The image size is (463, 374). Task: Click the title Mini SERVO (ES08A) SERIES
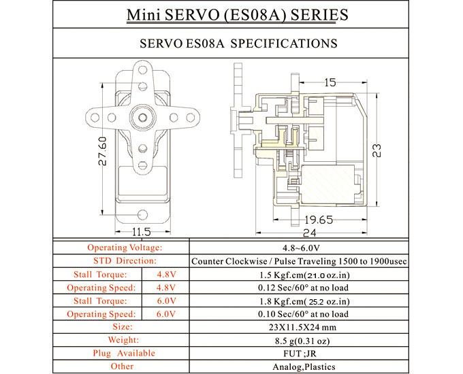pos(231,15)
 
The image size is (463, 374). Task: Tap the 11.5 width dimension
pos(141,231)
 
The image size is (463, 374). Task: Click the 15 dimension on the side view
pos(330,82)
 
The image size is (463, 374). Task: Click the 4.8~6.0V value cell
pos(318,248)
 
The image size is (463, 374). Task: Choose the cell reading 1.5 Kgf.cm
pos(318,274)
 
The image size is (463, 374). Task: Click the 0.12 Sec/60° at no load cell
pos(318,288)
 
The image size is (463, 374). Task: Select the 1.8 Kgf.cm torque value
pos(318,301)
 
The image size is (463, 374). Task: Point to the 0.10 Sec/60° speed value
pos(318,313)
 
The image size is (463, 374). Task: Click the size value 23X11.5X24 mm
pos(318,327)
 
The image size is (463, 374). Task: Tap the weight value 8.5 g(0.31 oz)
pos(318,340)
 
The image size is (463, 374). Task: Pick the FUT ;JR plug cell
pos(318,354)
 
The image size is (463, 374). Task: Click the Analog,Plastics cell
pos(318,367)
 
